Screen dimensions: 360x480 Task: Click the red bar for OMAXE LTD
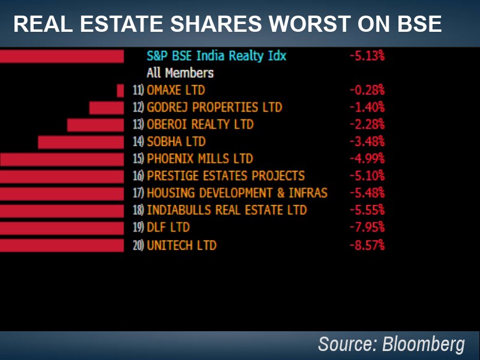120,91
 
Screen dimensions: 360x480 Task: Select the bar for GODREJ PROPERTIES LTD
107,108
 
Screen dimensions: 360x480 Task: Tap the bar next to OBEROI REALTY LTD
95,125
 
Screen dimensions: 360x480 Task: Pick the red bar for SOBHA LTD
81,142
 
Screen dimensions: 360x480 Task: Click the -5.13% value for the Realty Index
367,56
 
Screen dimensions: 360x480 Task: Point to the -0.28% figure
367,91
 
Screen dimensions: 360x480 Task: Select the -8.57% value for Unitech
367,245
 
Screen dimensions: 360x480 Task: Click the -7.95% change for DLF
367,228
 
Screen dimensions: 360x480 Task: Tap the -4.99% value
367,159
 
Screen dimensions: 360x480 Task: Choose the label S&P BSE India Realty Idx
217,56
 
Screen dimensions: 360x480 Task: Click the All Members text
180,73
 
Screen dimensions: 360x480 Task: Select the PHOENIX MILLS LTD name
200,159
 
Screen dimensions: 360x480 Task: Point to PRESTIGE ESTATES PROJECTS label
226,176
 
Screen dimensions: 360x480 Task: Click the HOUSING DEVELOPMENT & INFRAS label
237,193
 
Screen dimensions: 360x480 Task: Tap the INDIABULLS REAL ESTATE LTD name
226,211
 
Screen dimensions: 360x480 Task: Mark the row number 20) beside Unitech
138,245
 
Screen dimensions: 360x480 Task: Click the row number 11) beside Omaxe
138,91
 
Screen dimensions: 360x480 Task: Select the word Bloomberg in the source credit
423,345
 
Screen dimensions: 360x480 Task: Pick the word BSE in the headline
418,24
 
